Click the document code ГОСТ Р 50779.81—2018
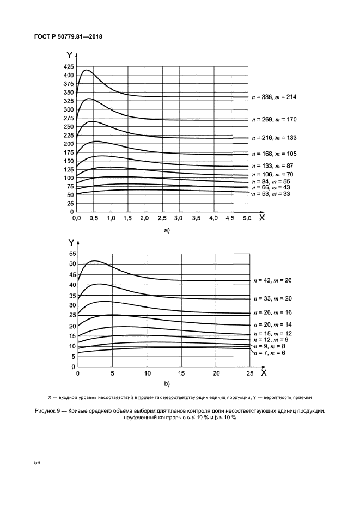click(64, 37)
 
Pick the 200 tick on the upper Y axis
click(68, 144)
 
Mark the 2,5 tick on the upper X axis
click(162, 218)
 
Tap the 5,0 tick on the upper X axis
click(247, 218)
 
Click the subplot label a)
click(167, 230)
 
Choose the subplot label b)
click(167, 383)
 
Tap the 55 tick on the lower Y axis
click(71, 254)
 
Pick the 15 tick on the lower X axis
click(181, 374)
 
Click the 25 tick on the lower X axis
click(250, 374)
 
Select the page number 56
click(37, 462)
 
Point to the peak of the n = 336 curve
click(86, 70)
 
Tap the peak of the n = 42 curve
click(95, 260)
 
